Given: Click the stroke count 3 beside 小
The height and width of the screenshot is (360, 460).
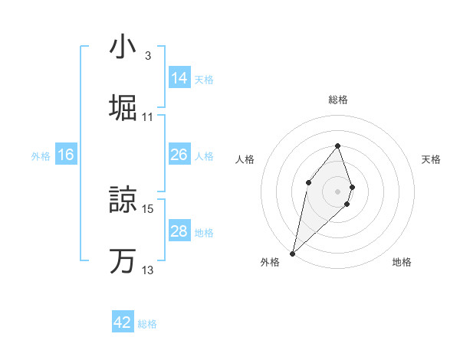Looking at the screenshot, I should (x=148, y=56).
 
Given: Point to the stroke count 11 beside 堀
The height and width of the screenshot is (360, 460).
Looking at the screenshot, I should (x=148, y=117).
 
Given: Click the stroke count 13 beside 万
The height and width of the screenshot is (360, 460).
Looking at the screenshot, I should (x=148, y=270).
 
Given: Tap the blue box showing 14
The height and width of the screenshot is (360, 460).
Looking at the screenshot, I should (x=179, y=78).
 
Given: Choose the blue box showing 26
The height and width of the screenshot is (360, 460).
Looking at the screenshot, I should (x=179, y=155).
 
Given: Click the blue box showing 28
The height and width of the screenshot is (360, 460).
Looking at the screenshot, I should (x=179, y=231).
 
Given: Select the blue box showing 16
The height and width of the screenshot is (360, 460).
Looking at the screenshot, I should (x=66, y=155).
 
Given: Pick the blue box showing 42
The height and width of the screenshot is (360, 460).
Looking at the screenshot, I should (x=123, y=322).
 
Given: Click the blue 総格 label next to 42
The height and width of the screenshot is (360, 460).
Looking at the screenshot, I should (x=148, y=324).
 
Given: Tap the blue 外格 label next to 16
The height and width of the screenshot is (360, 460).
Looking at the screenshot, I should (x=41, y=155).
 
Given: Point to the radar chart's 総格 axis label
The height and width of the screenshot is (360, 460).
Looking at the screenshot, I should (x=338, y=100).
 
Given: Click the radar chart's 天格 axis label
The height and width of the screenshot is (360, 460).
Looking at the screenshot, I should (x=432, y=159).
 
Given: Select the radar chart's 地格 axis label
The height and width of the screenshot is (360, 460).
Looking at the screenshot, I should (x=402, y=262).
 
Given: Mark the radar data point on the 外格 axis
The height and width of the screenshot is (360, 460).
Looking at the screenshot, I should (x=292, y=253).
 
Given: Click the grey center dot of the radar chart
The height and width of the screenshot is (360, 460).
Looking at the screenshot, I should (x=337, y=191).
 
